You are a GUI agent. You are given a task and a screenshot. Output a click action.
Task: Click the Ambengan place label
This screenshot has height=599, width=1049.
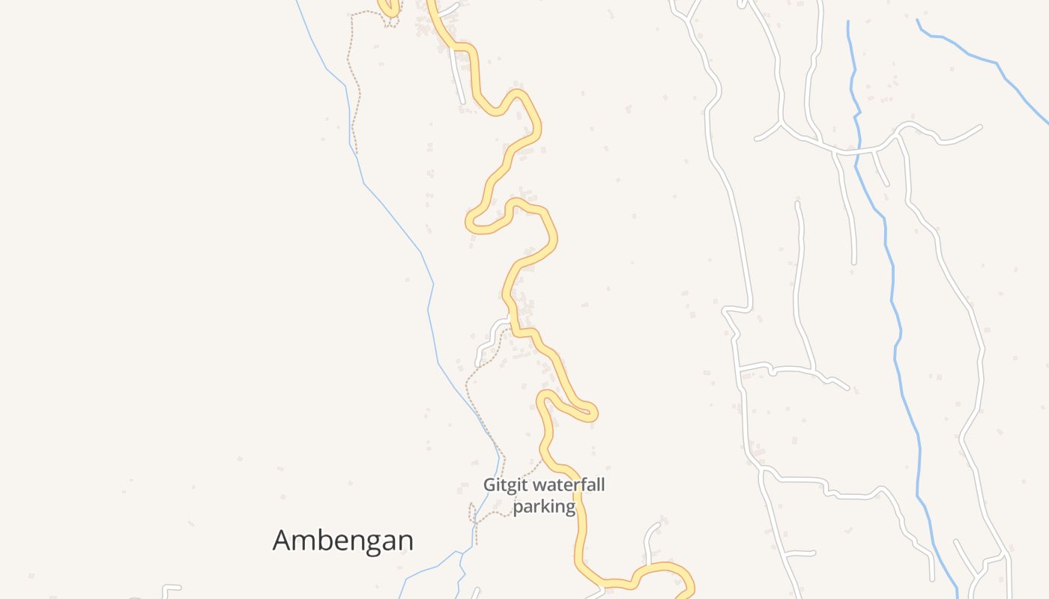click(x=342, y=540)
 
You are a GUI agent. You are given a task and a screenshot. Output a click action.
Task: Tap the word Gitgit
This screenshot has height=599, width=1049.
click(x=500, y=485)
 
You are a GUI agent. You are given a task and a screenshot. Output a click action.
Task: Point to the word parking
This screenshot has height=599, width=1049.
click(x=544, y=507)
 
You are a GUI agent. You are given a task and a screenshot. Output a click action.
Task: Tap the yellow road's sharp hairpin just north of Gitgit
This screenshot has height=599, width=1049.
click(x=591, y=411)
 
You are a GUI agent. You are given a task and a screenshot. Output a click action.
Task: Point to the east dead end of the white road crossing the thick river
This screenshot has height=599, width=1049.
click(x=979, y=127)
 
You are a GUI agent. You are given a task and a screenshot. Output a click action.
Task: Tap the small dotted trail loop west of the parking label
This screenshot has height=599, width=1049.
click(x=474, y=514)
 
